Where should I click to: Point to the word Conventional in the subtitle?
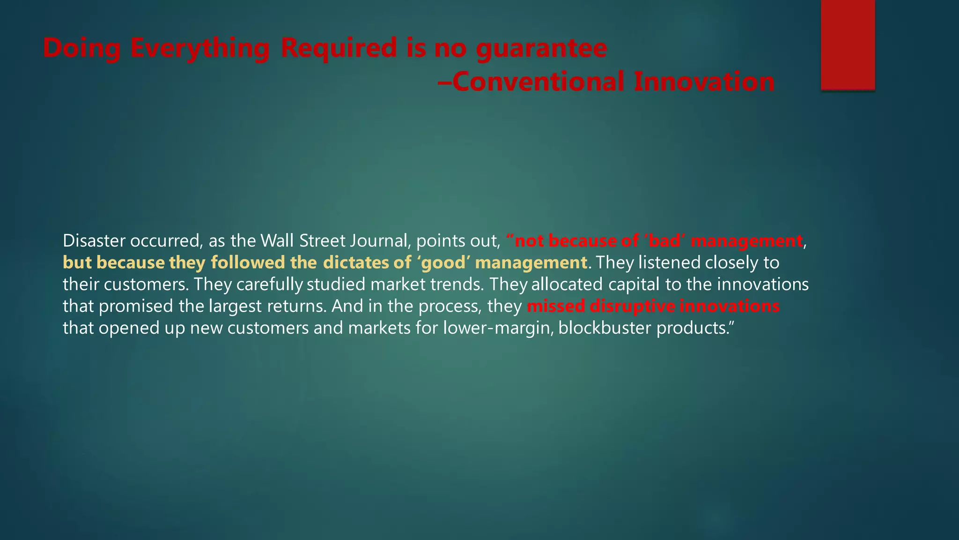tap(538, 82)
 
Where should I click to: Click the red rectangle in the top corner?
tap(848, 45)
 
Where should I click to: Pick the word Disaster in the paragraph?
tap(94, 241)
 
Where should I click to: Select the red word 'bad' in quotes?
tap(665, 241)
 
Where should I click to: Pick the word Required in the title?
tap(339, 48)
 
